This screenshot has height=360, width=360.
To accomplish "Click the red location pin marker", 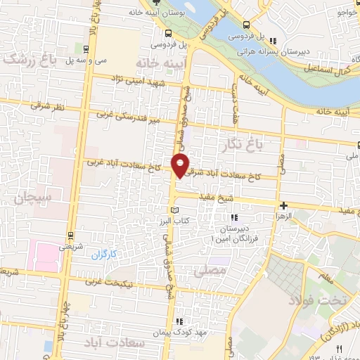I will [x=181, y=165].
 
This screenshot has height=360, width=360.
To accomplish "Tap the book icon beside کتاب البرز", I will [x=175, y=210].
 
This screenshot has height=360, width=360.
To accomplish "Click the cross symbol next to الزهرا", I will [x=283, y=205].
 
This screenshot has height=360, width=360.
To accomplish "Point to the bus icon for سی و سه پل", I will [x=85, y=49].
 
